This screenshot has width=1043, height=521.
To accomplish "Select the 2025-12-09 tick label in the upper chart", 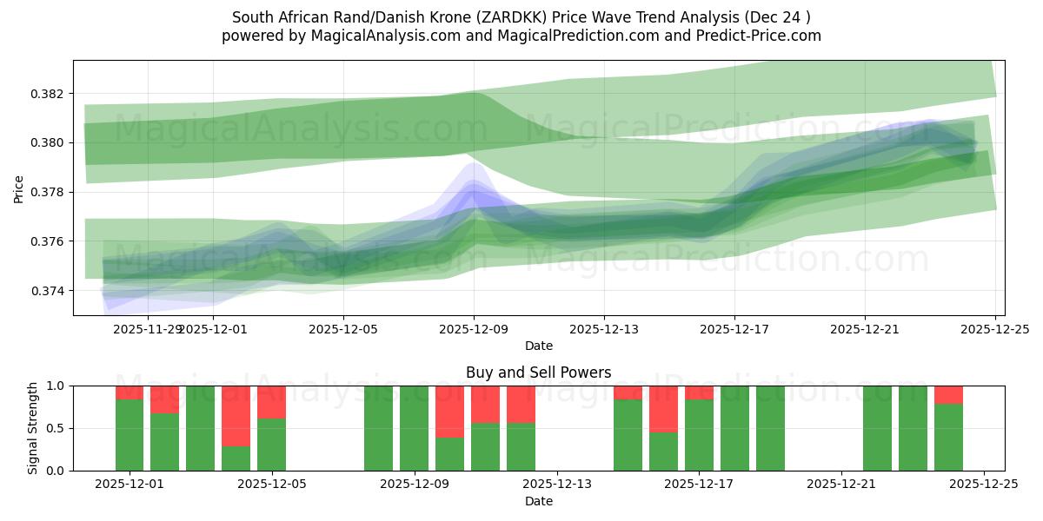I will click(x=474, y=330).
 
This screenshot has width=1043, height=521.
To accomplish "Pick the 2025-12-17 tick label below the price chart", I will click(x=734, y=330).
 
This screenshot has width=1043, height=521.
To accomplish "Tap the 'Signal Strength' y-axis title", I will click(x=33, y=428).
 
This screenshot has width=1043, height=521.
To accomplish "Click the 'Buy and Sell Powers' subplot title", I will click(x=538, y=373).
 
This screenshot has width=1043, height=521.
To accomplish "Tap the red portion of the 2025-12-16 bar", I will click(x=663, y=409).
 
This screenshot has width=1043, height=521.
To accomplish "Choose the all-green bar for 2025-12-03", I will click(x=200, y=428).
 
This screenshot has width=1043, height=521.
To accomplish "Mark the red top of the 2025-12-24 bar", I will click(x=948, y=395).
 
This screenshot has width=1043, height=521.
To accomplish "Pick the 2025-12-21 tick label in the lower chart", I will click(x=841, y=484).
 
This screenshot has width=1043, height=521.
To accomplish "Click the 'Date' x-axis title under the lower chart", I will click(x=538, y=501).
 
